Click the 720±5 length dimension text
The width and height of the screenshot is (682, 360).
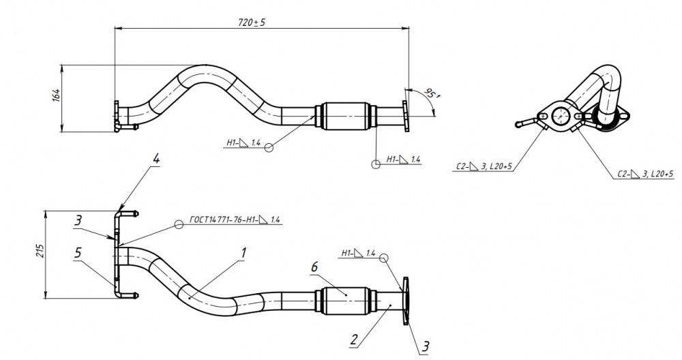(x=252, y=22)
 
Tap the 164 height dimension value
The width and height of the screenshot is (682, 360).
(x=56, y=95)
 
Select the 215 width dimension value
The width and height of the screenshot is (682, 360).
(x=40, y=250)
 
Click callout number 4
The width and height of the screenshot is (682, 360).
(x=155, y=159)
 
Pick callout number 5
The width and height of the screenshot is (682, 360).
(x=78, y=252)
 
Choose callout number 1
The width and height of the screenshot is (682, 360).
(x=243, y=252)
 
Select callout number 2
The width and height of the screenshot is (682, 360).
(x=354, y=339)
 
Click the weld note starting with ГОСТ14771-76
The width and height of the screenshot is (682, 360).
(x=235, y=220)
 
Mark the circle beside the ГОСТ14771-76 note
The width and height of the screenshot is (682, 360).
(x=179, y=224)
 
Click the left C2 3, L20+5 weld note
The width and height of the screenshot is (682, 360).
(x=484, y=166)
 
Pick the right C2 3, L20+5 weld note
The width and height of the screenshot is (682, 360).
(x=645, y=174)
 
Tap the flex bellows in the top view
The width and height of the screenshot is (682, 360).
(x=345, y=116)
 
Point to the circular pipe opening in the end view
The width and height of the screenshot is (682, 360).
(x=561, y=116)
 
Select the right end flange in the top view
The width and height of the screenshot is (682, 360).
(x=405, y=116)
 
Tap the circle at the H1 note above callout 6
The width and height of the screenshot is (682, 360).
(x=383, y=258)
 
